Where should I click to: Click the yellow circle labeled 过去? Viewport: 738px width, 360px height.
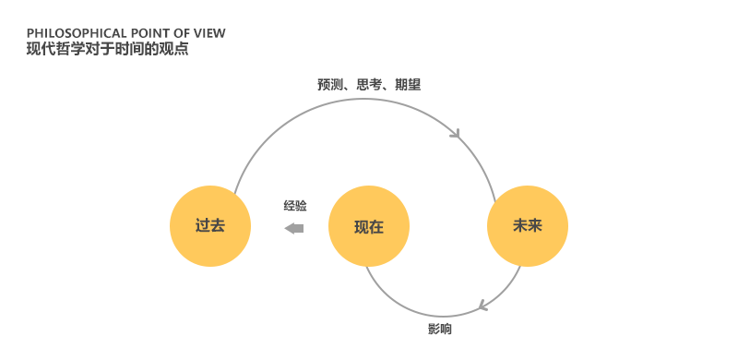click(x=210, y=226)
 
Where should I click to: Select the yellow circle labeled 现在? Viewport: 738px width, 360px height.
click(x=368, y=226)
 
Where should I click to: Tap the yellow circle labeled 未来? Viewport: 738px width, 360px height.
click(x=528, y=226)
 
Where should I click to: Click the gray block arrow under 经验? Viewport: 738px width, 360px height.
click(x=294, y=229)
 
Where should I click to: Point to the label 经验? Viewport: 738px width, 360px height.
click(x=295, y=206)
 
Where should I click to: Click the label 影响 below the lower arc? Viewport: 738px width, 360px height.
click(x=440, y=329)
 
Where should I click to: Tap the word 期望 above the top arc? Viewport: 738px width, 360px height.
click(x=408, y=85)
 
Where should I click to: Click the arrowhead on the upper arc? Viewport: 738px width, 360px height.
click(x=456, y=133)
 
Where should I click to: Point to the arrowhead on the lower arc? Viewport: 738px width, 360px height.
click(x=482, y=306)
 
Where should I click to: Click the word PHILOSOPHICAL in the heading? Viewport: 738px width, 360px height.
click(x=77, y=33)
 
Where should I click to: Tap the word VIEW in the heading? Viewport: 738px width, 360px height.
click(x=210, y=33)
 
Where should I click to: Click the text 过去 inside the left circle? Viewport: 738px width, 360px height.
click(x=210, y=226)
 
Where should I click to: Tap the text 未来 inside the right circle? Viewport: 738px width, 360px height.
click(x=528, y=226)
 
